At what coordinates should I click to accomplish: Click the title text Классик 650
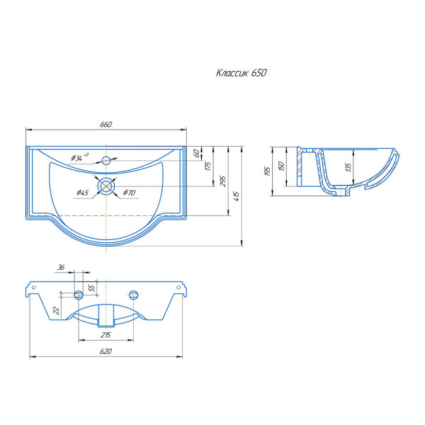(242, 73)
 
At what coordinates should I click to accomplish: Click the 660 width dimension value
(106, 125)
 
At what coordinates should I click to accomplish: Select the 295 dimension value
(223, 181)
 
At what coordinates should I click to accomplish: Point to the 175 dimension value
(208, 166)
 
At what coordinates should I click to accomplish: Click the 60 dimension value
(198, 153)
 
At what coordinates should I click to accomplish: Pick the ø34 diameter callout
(79, 157)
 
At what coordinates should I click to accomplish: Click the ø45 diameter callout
(82, 193)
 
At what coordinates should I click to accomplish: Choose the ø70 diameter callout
(129, 193)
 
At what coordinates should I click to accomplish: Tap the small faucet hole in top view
(106, 160)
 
